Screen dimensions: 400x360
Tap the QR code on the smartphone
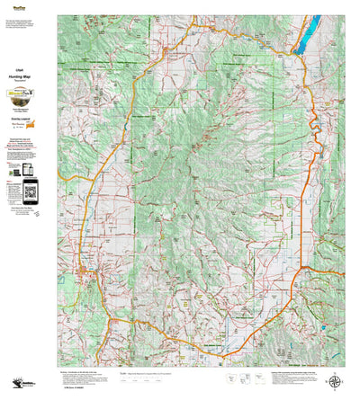point(31,191)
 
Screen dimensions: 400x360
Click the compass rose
point(337,379)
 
